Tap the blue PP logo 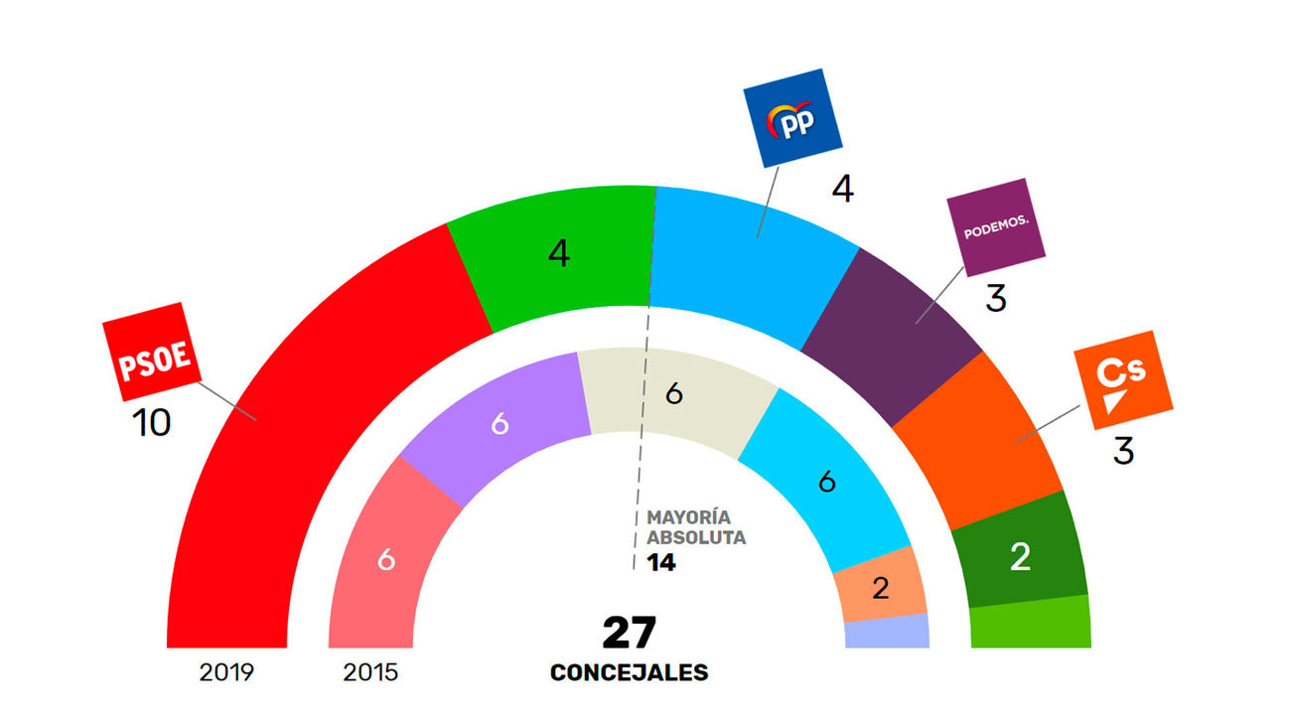tap(792, 117)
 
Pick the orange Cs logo tap(1121, 378)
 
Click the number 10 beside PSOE tap(152, 424)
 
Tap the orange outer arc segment tap(978, 437)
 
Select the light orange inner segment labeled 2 tap(880, 587)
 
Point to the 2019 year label tap(226, 672)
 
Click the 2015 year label tap(370, 672)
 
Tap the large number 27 tap(629, 633)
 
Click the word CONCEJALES tap(629, 672)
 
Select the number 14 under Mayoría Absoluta tap(660, 563)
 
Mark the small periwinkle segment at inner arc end tap(887, 632)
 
